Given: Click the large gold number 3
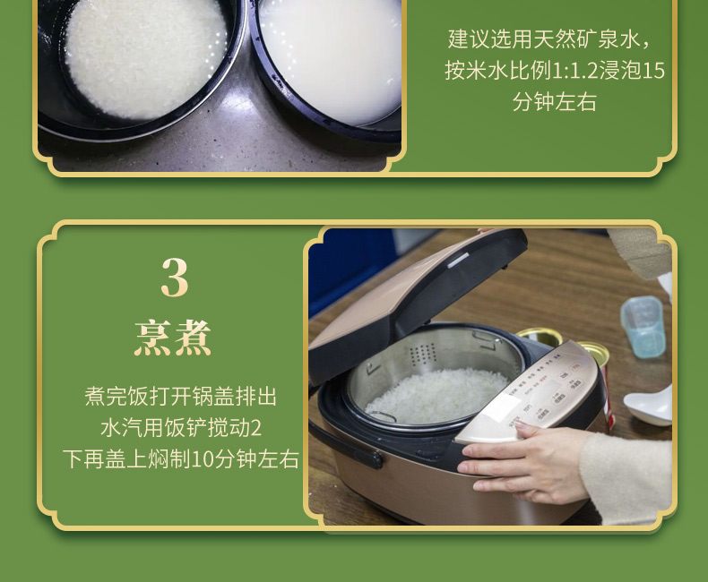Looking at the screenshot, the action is [174, 278].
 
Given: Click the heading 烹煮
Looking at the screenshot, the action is [173, 338].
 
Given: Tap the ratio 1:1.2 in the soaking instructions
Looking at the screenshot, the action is [574, 71].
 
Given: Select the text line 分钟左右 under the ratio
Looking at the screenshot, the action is [555, 102].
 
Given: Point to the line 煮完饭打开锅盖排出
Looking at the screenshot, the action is [181, 397].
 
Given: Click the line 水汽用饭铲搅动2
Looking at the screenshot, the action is [181, 428].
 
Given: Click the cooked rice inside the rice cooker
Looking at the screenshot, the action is [436, 396].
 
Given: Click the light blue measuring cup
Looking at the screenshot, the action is [642, 326].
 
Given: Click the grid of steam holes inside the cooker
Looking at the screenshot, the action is [422, 353].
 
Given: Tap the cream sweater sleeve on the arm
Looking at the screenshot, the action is [626, 478].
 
